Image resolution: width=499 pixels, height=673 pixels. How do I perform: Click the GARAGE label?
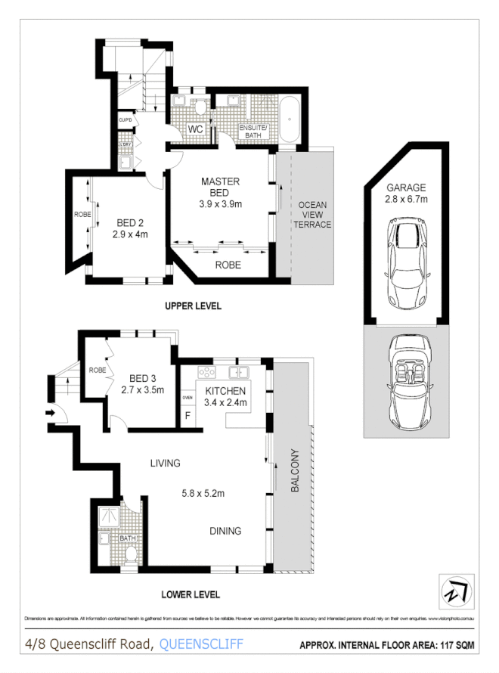[x=407, y=188]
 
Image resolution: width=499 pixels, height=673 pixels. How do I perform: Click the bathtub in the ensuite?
[x=290, y=119]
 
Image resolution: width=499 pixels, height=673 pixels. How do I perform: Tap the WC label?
[x=196, y=129]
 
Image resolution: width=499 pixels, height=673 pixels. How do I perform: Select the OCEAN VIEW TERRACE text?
[x=312, y=214]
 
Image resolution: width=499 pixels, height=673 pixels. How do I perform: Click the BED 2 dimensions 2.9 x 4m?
[x=131, y=234]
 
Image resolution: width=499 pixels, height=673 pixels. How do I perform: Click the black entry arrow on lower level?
[x=51, y=413]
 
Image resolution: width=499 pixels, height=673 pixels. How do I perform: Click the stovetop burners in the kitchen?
[x=206, y=372]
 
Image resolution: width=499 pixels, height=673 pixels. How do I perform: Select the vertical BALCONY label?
[x=295, y=473]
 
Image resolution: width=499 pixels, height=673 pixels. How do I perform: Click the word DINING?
[x=225, y=531]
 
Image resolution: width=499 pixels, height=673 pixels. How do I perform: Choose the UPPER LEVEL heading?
[x=194, y=306]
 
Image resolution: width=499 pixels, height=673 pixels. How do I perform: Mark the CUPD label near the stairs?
[x=125, y=120]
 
